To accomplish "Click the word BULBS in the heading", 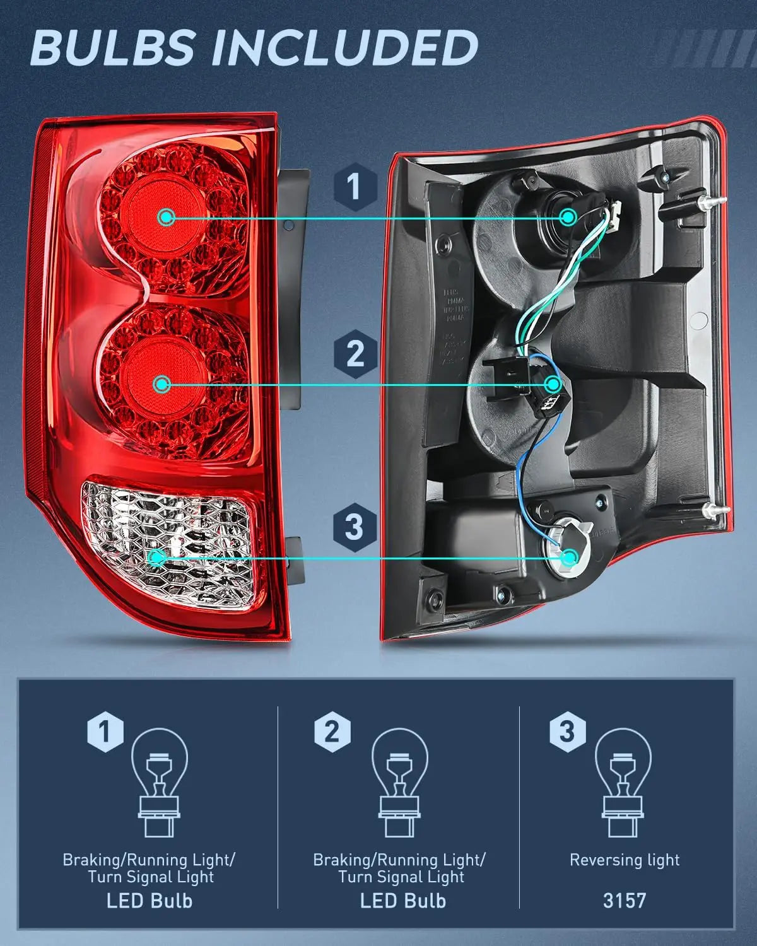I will pyautogui.click(x=113, y=48).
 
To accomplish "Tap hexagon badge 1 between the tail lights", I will pyautogui.click(x=355, y=186).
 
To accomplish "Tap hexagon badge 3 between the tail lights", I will pyautogui.click(x=355, y=526).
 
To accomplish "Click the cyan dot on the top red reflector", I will pyautogui.click(x=167, y=218).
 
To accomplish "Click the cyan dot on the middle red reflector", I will pyautogui.click(x=162, y=383).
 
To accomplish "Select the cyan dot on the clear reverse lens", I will pyautogui.click(x=156, y=557).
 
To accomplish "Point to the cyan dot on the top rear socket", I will pyautogui.click(x=568, y=218).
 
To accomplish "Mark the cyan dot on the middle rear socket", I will pyautogui.click(x=554, y=383).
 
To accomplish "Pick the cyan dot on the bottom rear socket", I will pyautogui.click(x=570, y=557).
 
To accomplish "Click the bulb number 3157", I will pyautogui.click(x=624, y=900).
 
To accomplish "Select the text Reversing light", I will pyautogui.click(x=624, y=860).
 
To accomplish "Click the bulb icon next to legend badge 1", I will pyautogui.click(x=160, y=782).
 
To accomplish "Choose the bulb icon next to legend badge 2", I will pyautogui.click(x=400, y=782).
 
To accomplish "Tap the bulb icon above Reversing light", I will pyautogui.click(x=624, y=782).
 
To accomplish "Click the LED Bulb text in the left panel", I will pyautogui.click(x=150, y=900).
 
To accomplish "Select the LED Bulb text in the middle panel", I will pyautogui.click(x=402, y=900).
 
